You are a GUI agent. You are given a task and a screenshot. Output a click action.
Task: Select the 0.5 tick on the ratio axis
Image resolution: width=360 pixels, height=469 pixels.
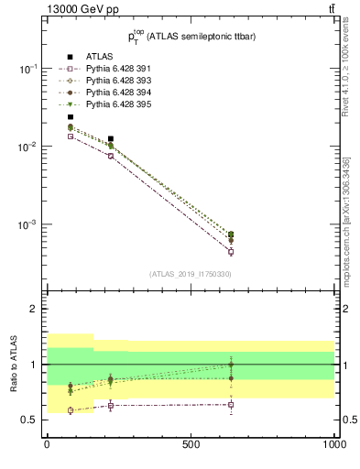[x=29, y=420]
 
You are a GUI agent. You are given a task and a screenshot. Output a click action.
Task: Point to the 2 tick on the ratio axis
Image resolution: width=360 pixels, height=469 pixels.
[x=33, y=309]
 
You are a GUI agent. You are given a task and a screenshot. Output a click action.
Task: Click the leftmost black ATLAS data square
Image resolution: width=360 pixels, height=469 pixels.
[x=70, y=117]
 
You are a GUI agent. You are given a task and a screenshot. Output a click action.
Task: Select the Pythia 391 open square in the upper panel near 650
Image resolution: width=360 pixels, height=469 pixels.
[x=230, y=252]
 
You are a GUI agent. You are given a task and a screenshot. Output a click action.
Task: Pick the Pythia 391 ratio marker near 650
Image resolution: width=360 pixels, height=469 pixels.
[x=230, y=405]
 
